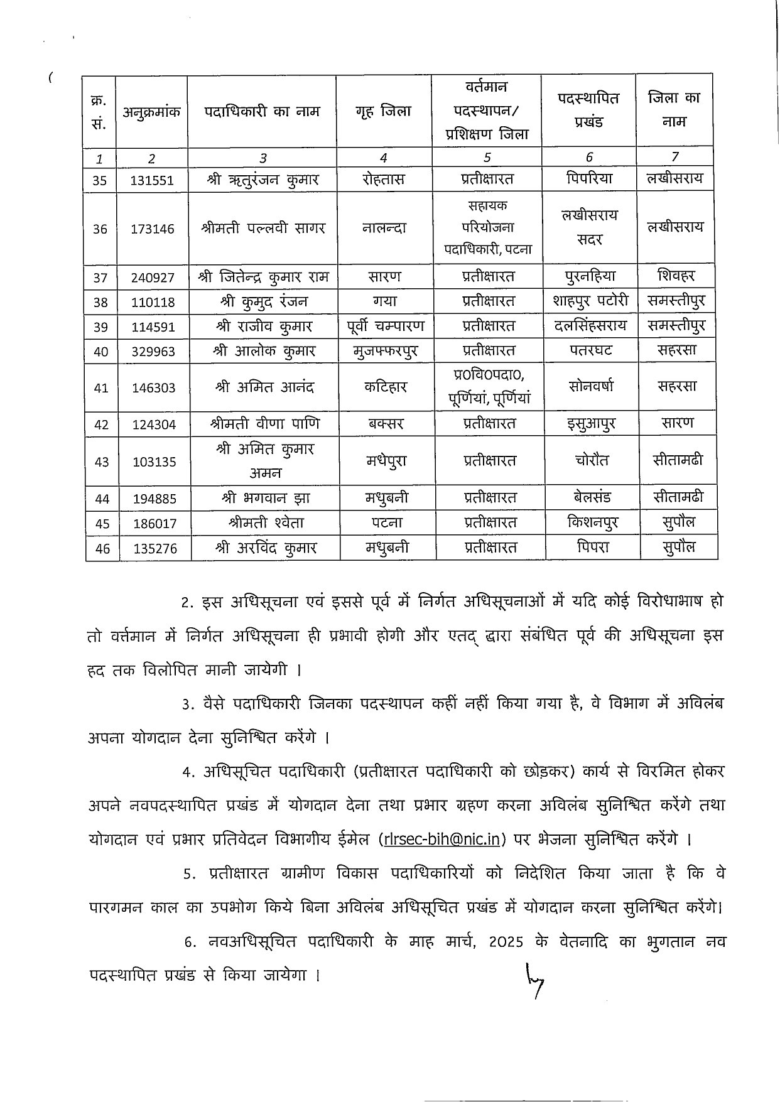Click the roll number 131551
pyautogui.click(x=153, y=180)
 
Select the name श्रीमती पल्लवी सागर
pyautogui.click(x=263, y=228)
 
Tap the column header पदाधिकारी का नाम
pyautogui.click(x=262, y=112)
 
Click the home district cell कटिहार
pyautogui.click(x=386, y=387)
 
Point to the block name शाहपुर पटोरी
pyautogui.click(x=590, y=301)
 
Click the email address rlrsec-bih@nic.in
pyautogui.click(x=445, y=839)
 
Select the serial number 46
pyautogui.click(x=102, y=548)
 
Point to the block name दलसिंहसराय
pyautogui.click(x=590, y=326)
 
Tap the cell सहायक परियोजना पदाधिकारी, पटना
pyautogui.click(x=488, y=227)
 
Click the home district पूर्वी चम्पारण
pyautogui.click(x=386, y=326)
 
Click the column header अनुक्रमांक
pyautogui.click(x=151, y=113)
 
